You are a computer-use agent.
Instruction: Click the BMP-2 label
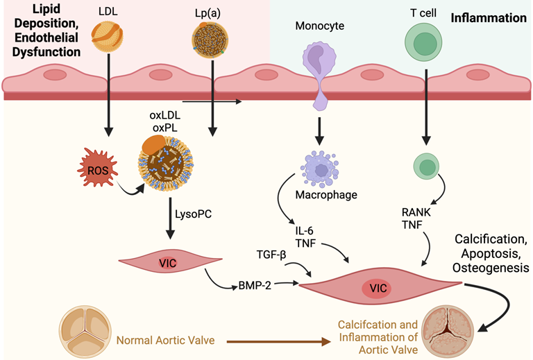point(254,284)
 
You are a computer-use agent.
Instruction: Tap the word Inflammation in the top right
point(489,18)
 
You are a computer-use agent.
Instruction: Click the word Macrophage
point(329,195)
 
